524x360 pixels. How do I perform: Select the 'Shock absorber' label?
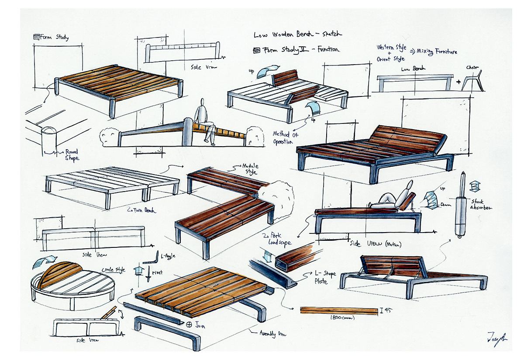(x=482, y=205)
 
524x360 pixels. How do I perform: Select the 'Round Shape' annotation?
(x=71, y=155)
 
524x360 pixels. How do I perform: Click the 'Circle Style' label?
(x=113, y=270)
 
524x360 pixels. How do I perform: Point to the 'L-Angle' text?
(x=168, y=256)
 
